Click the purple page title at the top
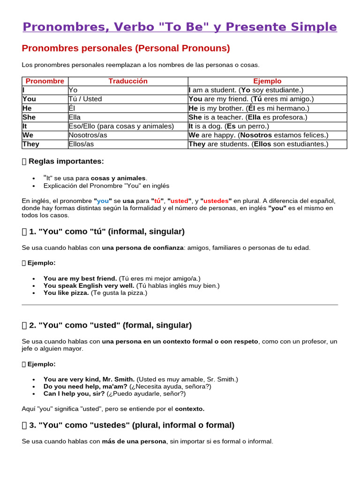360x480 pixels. [x=180, y=27]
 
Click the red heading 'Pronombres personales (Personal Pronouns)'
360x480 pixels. [x=126, y=48]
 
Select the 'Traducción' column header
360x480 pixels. [x=128, y=81]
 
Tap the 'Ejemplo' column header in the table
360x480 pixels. [x=267, y=81]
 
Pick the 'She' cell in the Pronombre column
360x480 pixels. [x=29, y=117]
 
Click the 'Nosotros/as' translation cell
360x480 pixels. [x=88, y=135]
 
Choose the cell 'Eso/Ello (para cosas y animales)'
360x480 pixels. [x=121, y=126]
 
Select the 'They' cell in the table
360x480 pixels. [x=31, y=144]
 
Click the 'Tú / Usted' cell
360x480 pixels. [x=85, y=99]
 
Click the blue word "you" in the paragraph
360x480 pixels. [x=103, y=201]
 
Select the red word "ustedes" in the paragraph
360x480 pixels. [x=216, y=201]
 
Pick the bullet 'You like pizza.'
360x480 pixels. [x=66, y=293]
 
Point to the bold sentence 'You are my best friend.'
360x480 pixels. [x=80, y=278]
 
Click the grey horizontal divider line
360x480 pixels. [x=180, y=305]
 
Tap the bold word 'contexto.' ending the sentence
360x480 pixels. [x=190, y=409]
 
